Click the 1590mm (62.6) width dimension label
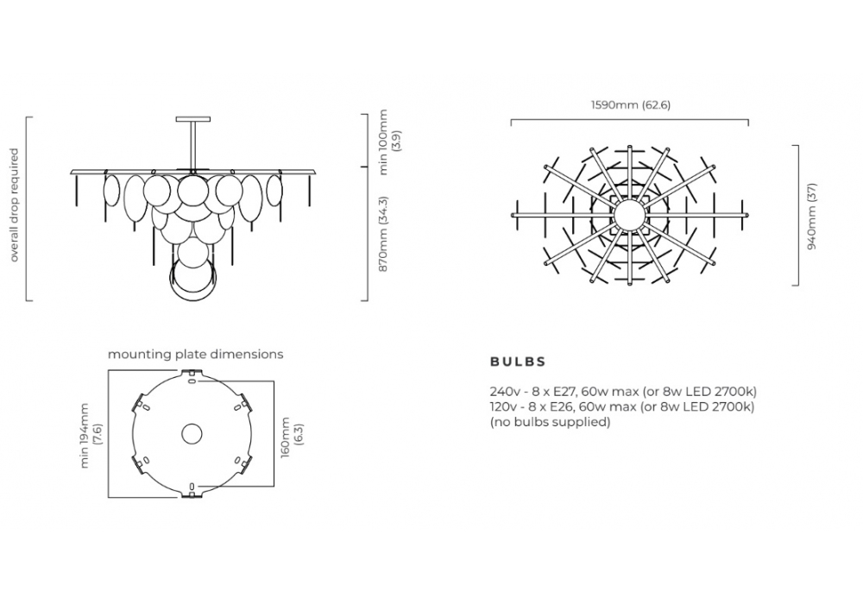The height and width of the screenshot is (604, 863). (x=631, y=104)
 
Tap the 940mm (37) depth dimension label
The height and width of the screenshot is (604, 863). (x=812, y=217)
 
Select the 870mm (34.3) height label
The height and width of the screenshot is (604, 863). (x=384, y=234)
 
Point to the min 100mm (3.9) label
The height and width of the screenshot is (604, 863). (x=390, y=142)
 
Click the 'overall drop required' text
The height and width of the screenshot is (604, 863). (x=15, y=205)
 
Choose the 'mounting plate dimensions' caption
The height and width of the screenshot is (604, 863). (x=195, y=355)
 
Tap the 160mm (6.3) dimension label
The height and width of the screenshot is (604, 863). (x=292, y=438)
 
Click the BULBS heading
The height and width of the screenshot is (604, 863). (x=518, y=362)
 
